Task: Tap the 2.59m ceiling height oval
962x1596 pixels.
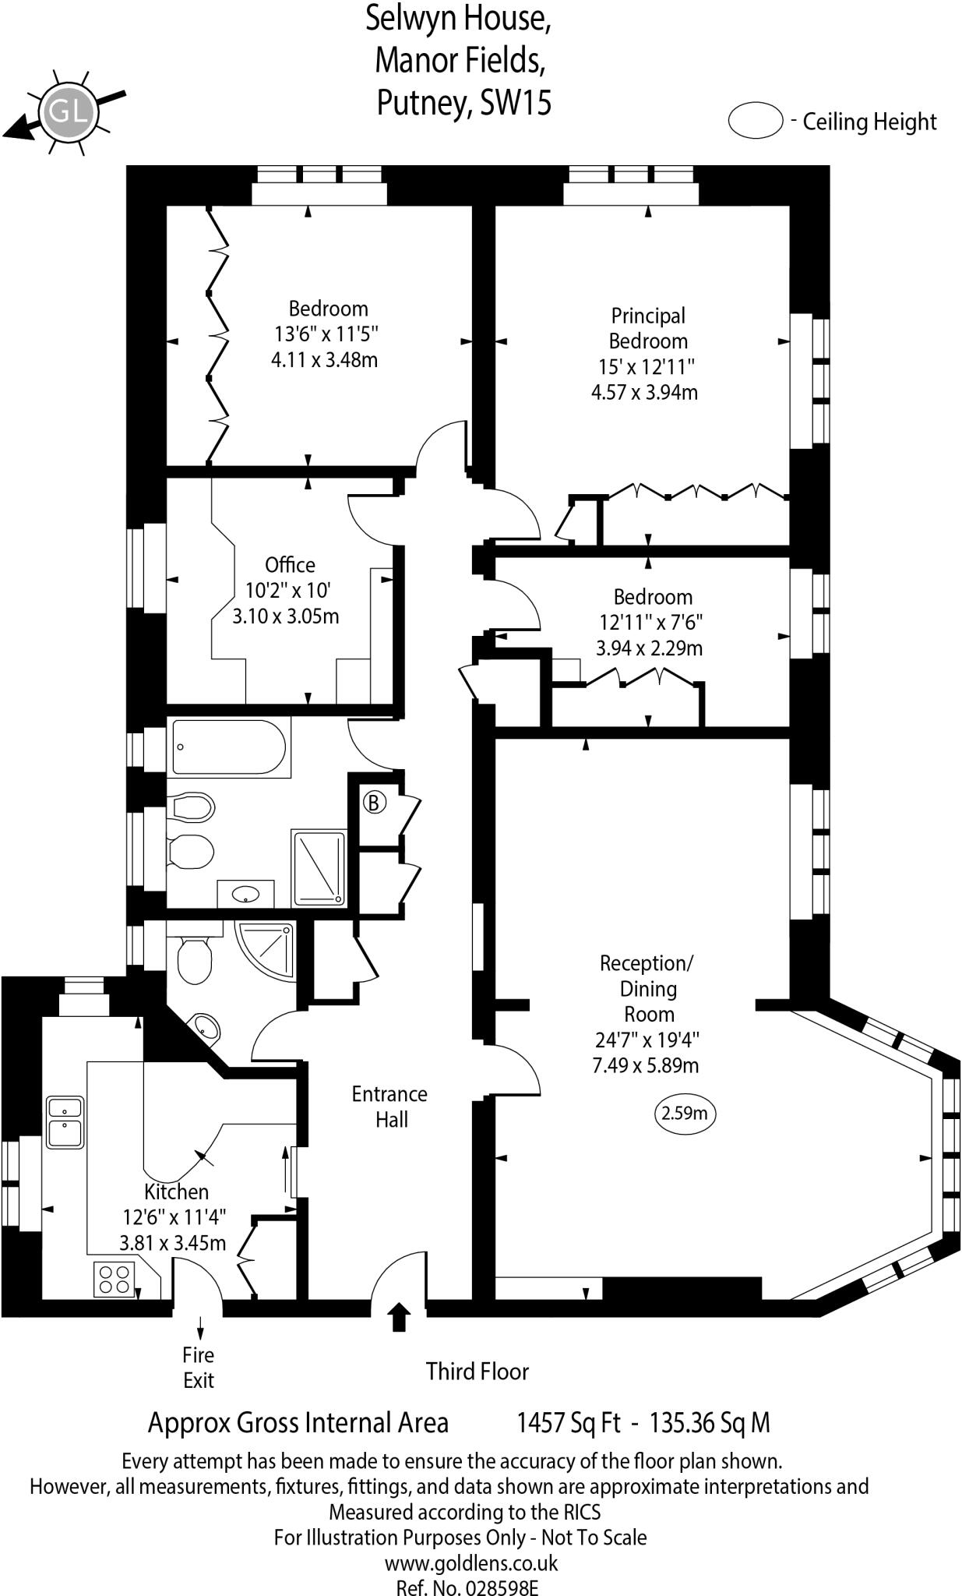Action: (684, 1113)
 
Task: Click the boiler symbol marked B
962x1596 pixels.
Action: (375, 802)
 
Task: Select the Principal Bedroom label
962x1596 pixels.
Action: (647, 328)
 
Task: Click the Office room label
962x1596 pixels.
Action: (290, 565)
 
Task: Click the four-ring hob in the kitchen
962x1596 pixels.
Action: (114, 1279)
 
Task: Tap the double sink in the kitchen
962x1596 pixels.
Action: (65, 1122)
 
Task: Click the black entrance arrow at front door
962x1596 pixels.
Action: (400, 1316)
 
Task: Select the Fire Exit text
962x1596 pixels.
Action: (199, 1367)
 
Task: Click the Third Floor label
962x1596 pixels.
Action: (477, 1372)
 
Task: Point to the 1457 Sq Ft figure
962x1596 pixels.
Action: (568, 1423)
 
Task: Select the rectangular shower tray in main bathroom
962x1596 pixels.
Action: (318, 867)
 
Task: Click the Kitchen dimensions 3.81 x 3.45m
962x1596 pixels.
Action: (172, 1242)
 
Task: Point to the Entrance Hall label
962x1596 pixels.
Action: (390, 1107)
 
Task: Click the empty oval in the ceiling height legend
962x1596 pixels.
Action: (755, 121)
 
